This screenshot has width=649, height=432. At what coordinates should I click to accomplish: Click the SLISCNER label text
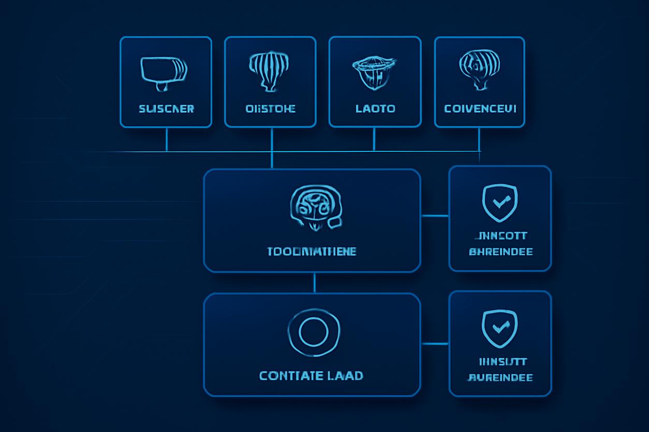click(x=166, y=109)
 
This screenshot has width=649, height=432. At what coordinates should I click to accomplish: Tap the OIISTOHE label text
click(x=271, y=109)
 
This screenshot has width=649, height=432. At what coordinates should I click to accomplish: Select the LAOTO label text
click(x=375, y=109)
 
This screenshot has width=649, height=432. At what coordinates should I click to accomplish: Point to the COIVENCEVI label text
click(x=480, y=109)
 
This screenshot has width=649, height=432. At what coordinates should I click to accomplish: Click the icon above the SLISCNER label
click(x=164, y=71)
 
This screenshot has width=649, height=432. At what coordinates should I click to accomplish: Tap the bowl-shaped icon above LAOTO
click(x=374, y=72)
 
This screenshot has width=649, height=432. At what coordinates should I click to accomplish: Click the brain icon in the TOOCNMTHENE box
click(x=314, y=208)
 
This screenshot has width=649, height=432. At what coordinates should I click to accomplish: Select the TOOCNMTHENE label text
click(x=312, y=252)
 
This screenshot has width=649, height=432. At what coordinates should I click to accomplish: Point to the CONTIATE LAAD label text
click(x=311, y=376)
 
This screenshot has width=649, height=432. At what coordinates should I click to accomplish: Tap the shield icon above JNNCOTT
click(x=499, y=202)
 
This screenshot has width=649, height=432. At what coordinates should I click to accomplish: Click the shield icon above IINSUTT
click(x=499, y=327)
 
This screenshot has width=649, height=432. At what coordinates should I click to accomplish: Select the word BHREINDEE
click(x=500, y=252)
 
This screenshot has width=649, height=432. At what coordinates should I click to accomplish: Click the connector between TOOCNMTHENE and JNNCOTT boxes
click(x=435, y=215)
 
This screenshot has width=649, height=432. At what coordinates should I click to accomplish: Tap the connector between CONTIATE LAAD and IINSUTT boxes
click(x=435, y=344)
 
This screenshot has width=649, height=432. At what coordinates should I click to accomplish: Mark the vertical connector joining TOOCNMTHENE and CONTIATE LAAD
click(x=314, y=283)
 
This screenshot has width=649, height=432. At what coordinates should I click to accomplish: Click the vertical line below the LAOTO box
click(x=374, y=139)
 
